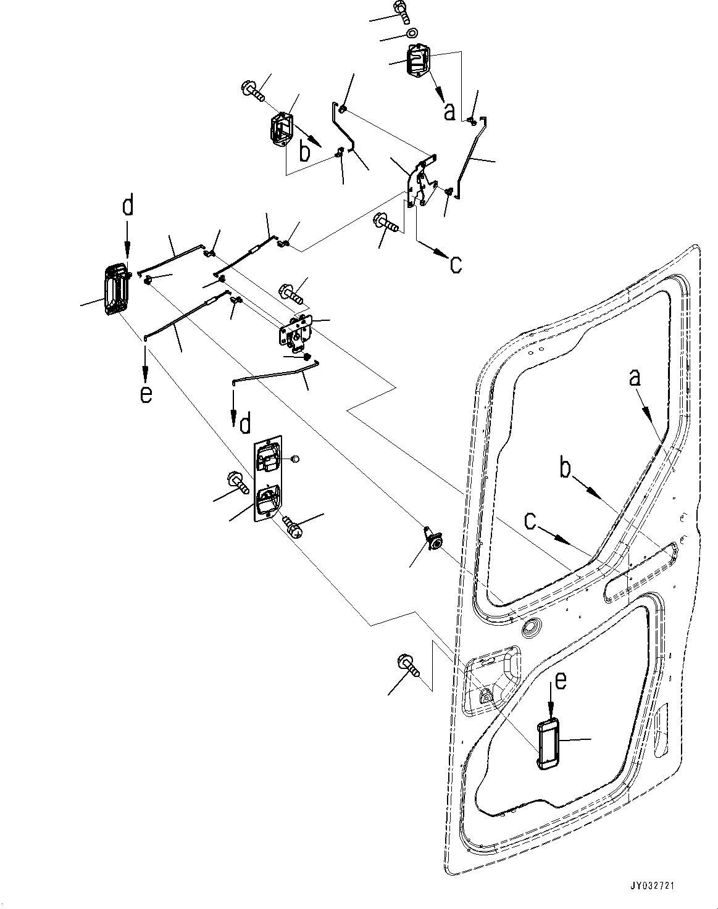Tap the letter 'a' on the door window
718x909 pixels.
click(635, 378)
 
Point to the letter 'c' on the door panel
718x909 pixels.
click(530, 522)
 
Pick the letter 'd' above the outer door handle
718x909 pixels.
click(127, 207)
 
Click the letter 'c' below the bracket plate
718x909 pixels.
click(455, 264)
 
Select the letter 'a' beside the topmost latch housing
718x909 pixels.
click(449, 111)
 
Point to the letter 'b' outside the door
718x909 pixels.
click(304, 152)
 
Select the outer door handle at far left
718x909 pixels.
click(115, 290)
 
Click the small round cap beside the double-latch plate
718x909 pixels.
click(294, 459)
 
